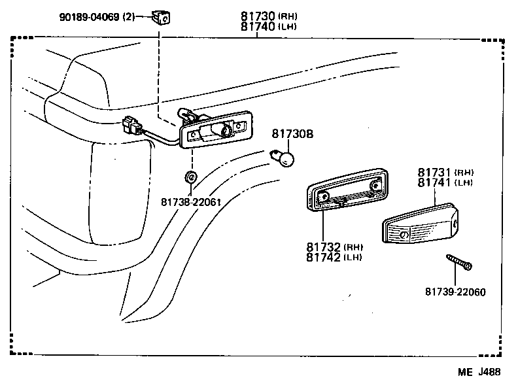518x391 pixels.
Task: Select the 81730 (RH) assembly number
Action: pyautogui.click(x=260, y=16)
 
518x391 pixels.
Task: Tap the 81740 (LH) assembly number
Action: pyautogui.click(x=260, y=27)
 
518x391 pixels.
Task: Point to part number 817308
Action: pyautogui.click(x=292, y=134)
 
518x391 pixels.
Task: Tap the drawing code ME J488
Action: pyautogui.click(x=479, y=373)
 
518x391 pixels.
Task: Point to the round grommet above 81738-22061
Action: pyautogui.click(x=190, y=177)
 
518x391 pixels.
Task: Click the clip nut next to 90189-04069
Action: pyautogui.click(x=162, y=17)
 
